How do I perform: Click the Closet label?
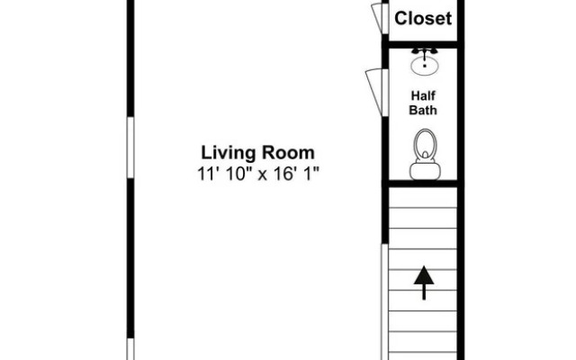pos(423,18)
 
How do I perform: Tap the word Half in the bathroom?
pos(423,96)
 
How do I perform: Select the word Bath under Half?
pos(423,110)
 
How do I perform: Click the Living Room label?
pos(258,153)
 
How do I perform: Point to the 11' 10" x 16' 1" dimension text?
pos(258,174)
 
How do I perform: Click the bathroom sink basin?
pos(425,66)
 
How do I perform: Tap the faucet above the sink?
pos(425,52)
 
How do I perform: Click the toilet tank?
pos(425,171)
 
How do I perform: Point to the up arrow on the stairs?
pos(424,283)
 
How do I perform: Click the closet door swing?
pos(378,18)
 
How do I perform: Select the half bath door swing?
pos(375,92)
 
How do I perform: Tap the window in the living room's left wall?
pos(130,148)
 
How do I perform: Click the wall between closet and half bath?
pos(423,45)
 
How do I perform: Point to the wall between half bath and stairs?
pos(423,184)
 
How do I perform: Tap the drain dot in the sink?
pos(425,66)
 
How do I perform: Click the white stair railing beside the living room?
pos(384,302)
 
